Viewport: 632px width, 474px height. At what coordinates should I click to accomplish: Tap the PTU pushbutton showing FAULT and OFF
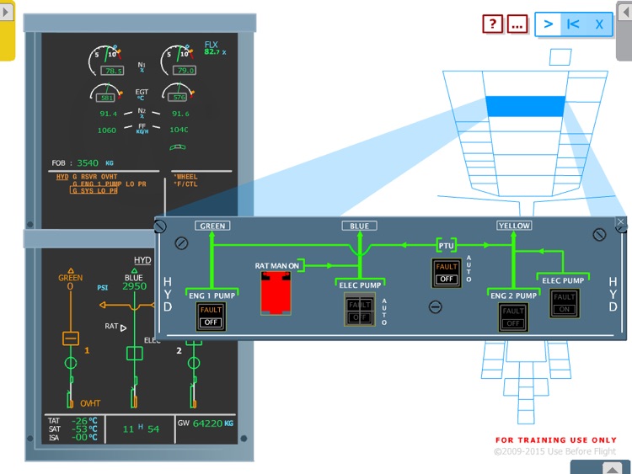pos(446,272)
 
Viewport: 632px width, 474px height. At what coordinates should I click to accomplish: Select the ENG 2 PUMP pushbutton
pos(512,317)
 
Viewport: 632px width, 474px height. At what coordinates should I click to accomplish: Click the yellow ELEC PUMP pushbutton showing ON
pos(564,303)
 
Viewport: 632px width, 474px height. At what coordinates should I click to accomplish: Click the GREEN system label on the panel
pos(212,226)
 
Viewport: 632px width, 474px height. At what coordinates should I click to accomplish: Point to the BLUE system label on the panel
pos(359,226)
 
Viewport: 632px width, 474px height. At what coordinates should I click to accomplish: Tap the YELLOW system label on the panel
pos(513,226)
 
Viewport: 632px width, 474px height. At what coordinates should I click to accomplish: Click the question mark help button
pos(493,24)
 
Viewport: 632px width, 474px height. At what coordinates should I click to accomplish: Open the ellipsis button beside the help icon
pos(517,24)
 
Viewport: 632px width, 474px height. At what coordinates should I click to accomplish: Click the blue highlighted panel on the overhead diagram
pos(525,106)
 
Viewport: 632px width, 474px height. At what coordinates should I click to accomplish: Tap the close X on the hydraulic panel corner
pos(621,223)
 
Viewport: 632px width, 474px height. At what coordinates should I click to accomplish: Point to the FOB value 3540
pos(88,163)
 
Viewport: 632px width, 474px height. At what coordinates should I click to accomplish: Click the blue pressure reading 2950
pos(134,286)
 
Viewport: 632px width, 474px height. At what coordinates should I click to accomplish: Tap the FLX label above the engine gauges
pos(211,44)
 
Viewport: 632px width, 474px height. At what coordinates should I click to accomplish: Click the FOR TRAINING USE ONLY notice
pos(556,440)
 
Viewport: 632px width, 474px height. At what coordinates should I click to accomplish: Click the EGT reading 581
pos(105,98)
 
